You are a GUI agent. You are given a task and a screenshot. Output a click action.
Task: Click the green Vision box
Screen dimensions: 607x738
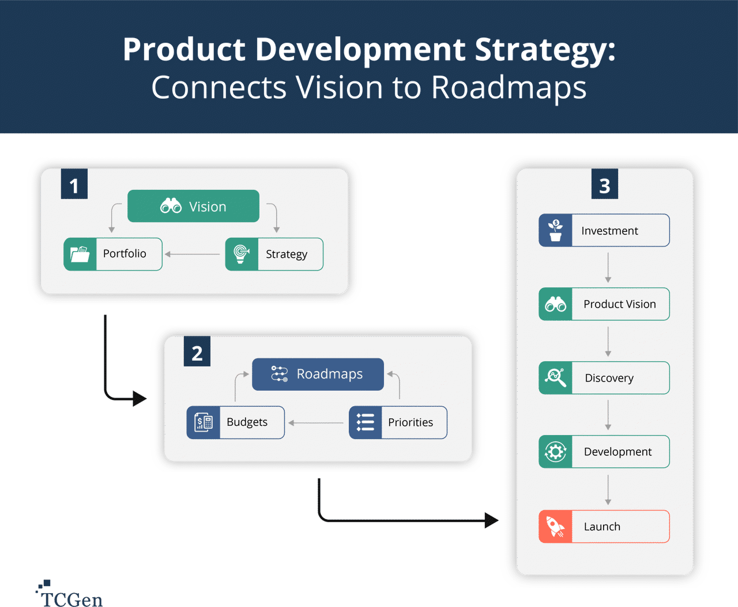[x=193, y=206]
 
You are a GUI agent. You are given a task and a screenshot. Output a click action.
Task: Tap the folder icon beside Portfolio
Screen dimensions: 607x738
[x=80, y=254]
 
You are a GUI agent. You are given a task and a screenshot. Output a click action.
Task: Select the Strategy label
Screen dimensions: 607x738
[x=287, y=254]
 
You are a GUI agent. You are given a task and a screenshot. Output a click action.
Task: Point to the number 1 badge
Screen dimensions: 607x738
[x=74, y=185]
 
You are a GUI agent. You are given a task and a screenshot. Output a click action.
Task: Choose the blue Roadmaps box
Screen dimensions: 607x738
[x=318, y=374]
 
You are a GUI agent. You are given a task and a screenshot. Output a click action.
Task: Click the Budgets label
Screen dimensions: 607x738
[x=247, y=422]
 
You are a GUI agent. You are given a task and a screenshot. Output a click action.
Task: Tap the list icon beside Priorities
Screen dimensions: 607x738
[x=366, y=422]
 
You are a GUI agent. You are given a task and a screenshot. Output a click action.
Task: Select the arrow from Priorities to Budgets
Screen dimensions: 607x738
[x=316, y=423]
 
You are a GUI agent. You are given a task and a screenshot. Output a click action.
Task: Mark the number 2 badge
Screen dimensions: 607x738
[x=197, y=353]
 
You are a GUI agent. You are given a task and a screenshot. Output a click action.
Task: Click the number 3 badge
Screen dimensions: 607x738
[x=604, y=185]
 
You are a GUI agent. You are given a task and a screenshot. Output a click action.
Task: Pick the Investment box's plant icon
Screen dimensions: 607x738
[x=555, y=230]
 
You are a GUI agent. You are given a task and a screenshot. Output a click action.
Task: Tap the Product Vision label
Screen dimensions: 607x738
[x=619, y=304]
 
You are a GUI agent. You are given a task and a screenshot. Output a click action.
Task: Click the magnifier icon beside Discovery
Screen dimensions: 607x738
[x=555, y=378]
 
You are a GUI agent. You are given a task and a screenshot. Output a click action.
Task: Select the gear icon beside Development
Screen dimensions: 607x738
[x=555, y=452]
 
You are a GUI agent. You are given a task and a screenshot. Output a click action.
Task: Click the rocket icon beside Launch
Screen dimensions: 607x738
[x=555, y=526]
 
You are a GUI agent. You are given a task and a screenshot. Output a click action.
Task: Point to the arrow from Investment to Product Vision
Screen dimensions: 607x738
[x=608, y=267]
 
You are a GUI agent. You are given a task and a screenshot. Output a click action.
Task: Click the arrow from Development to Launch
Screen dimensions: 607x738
[x=608, y=489]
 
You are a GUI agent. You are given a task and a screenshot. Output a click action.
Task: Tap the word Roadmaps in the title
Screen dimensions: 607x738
[x=509, y=88]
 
